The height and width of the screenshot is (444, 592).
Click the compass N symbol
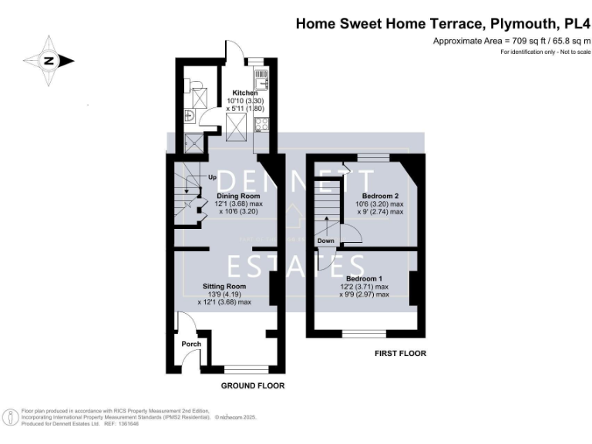tap(49, 60)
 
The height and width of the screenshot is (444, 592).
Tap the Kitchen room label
tap(245, 92)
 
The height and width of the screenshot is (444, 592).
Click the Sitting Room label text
tap(224, 286)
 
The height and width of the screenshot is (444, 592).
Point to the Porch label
tap(190, 344)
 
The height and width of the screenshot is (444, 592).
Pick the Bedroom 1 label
tap(363, 277)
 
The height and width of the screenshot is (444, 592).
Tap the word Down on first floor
tap(325, 240)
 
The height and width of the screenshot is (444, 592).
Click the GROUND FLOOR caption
tap(252, 385)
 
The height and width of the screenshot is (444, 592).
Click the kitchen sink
tap(262, 76)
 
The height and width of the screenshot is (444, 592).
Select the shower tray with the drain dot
tap(193, 140)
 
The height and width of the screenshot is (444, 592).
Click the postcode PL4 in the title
tap(575, 24)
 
